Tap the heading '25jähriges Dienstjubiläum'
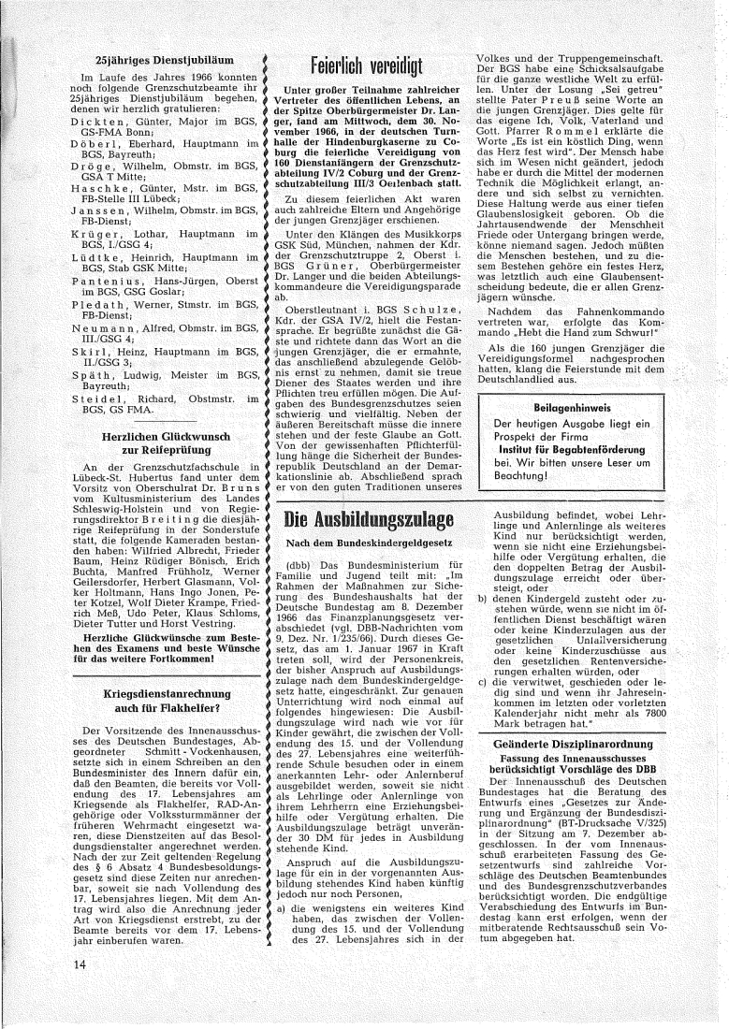(156, 58)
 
